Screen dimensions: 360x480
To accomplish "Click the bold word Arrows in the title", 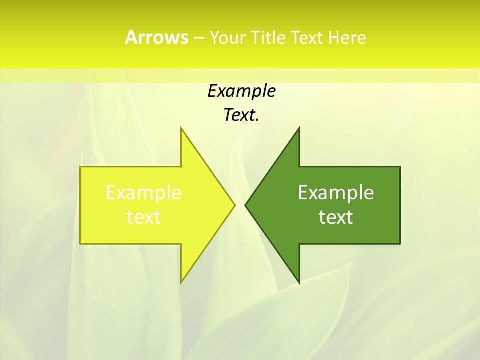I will click(x=156, y=37).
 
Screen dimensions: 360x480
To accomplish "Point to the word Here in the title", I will click(x=347, y=38).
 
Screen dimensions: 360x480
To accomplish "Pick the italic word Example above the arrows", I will click(x=241, y=91).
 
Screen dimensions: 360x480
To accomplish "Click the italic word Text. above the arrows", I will click(x=241, y=115).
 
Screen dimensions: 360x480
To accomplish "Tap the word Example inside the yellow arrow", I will click(x=144, y=193).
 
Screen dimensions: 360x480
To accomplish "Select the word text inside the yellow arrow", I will click(x=144, y=217).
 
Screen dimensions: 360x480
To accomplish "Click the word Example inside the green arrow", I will click(x=336, y=193).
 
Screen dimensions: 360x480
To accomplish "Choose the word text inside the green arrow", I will click(x=336, y=217).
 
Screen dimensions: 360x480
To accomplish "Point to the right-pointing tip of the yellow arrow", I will click(x=235, y=205).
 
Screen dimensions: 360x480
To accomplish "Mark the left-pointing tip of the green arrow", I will click(x=245, y=205).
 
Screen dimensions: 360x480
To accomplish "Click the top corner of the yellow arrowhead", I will click(x=181, y=128).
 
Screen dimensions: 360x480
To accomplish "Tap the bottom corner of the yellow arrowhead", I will click(x=181, y=283).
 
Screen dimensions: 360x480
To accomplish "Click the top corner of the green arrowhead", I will click(x=299, y=128).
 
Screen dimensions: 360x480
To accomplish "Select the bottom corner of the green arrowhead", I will click(x=299, y=283).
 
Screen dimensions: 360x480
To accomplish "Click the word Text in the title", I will click(x=307, y=38).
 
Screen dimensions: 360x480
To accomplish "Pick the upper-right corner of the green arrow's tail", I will click(x=400, y=167).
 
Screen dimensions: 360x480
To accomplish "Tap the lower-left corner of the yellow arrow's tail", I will click(x=80, y=244).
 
